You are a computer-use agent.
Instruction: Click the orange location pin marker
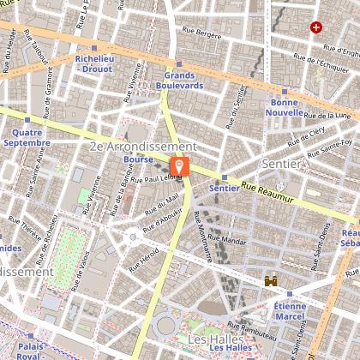[x=180, y=165]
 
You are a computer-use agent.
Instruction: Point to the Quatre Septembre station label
[x=27, y=137]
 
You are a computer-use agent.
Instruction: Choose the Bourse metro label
[x=137, y=159]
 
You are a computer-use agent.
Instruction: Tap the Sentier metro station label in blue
[x=224, y=188]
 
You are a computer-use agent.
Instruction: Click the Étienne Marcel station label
[x=291, y=310]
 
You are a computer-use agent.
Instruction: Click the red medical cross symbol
[x=317, y=27]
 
